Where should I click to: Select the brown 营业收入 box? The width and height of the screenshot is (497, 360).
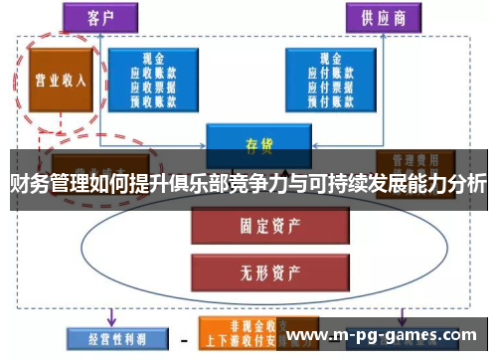[x=57, y=81]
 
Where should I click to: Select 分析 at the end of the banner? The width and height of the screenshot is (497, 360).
[x=466, y=184]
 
